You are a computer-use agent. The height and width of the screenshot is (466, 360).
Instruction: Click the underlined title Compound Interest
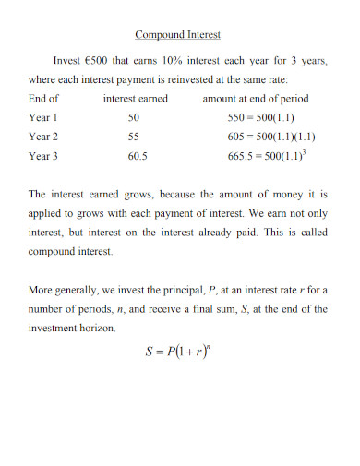coord(178,35)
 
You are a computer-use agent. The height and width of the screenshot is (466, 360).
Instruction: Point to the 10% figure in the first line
coord(174,60)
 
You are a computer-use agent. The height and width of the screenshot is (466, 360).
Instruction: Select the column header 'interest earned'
coord(135,98)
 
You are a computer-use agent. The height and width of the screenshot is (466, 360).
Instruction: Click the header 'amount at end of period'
coord(256,98)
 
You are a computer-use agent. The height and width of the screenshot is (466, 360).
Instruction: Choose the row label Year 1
coord(43,117)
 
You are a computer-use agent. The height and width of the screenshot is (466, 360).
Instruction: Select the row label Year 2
coord(43,137)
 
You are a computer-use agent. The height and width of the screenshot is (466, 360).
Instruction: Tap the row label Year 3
coord(43,156)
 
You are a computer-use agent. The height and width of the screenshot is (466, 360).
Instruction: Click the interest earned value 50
coord(134,118)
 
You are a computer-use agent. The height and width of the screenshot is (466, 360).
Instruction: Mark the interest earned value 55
coord(134,137)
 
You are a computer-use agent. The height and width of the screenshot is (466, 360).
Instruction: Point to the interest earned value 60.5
coord(137,156)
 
